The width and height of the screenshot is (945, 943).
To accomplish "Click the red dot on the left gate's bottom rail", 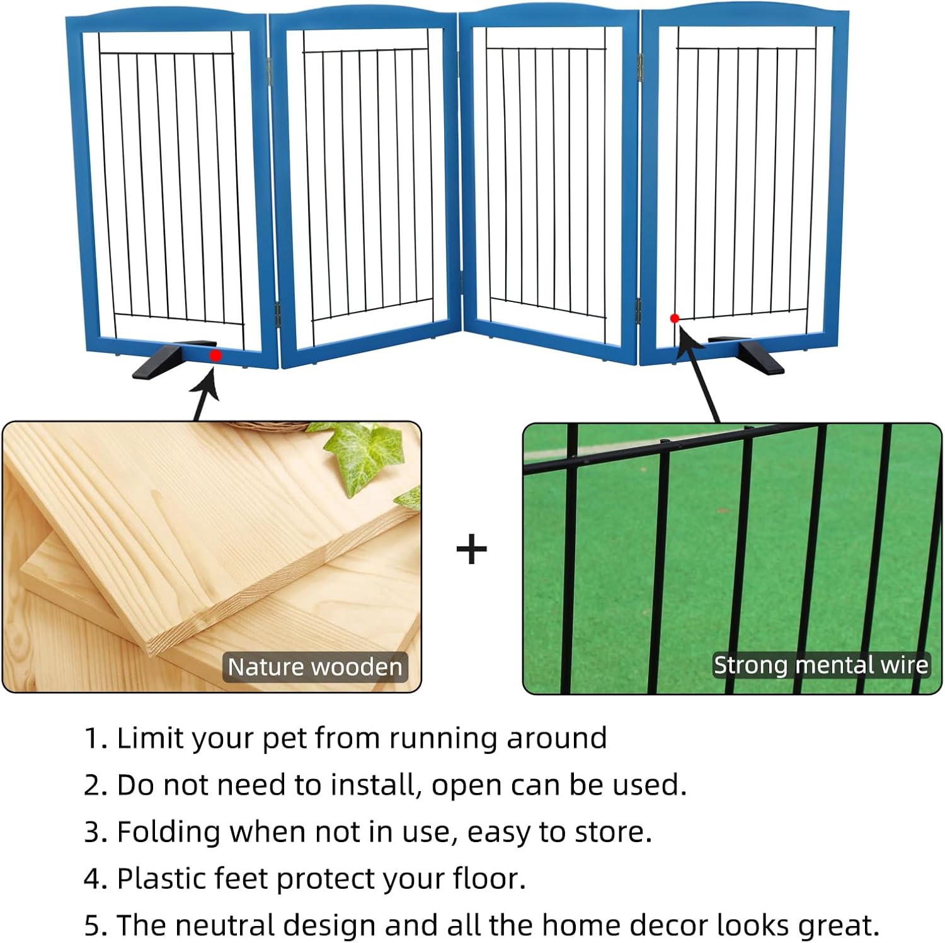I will [x=215, y=356].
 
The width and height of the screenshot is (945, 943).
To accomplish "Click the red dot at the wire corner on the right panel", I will [x=675, y=318].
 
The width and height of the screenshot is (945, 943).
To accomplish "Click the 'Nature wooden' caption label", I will [x=315, y=667].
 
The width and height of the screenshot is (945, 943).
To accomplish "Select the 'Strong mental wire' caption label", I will [x=820, y=665].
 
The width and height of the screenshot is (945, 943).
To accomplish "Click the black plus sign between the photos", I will [x=472, y=550].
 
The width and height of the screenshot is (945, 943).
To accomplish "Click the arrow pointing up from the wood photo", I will [x=205, y=394].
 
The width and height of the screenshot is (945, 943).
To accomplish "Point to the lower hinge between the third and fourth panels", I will [x=638, y=310].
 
